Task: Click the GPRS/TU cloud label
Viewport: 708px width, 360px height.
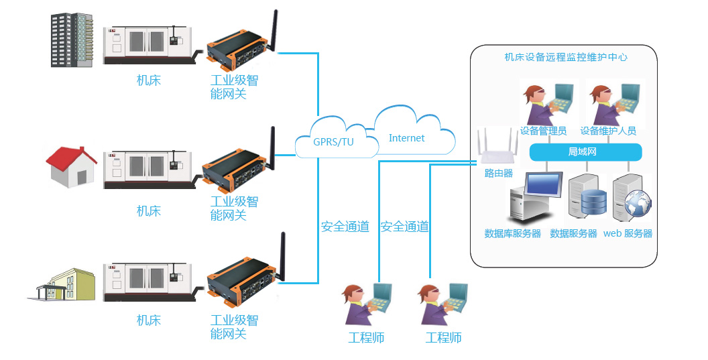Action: (333, 141)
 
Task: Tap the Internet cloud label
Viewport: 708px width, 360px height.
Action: (406, 138)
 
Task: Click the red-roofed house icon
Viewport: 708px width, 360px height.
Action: (70, 168)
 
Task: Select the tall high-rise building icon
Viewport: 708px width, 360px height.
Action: (72, 40)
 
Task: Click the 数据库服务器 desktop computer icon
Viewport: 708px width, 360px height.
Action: (534, 197)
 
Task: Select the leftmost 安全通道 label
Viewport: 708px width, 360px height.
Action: (345, 227)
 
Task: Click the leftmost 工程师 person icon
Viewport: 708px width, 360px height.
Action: (365, 305)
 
